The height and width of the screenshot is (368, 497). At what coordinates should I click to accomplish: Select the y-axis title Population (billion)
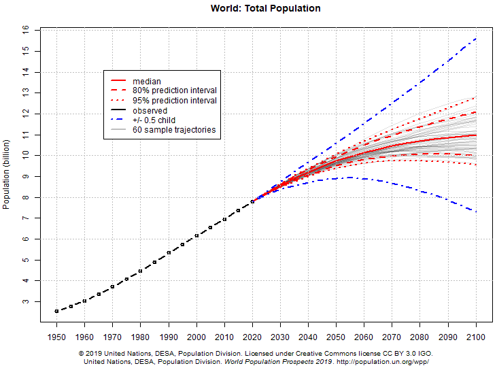point(7,171)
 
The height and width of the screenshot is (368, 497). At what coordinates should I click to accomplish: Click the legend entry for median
point(146,82)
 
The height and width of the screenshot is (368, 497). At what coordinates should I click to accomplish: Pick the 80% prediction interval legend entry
point(175,91)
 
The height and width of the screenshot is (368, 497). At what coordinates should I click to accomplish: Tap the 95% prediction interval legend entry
point(175,101)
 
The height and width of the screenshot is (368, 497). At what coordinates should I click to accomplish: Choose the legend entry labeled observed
point(150,110)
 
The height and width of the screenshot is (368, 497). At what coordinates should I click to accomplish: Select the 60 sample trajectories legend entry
point(175,129)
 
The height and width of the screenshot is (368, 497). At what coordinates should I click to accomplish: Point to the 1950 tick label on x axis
point(56,337)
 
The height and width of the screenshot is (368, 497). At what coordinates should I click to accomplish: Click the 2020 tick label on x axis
point(252,337)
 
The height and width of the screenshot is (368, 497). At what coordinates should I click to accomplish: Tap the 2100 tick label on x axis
point(476,337)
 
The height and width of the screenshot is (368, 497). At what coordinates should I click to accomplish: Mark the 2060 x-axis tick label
point(364,337)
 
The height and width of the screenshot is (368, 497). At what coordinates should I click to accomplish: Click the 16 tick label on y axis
point(25,31)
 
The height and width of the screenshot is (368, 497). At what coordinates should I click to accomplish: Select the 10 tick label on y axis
point(25,156)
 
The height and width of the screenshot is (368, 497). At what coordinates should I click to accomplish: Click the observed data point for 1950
point(56,311)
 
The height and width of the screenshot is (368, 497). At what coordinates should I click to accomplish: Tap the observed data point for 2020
point(252,201)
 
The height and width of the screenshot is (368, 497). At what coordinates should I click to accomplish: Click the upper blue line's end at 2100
point(476,39)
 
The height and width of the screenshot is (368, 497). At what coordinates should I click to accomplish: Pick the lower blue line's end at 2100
point(476,212)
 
